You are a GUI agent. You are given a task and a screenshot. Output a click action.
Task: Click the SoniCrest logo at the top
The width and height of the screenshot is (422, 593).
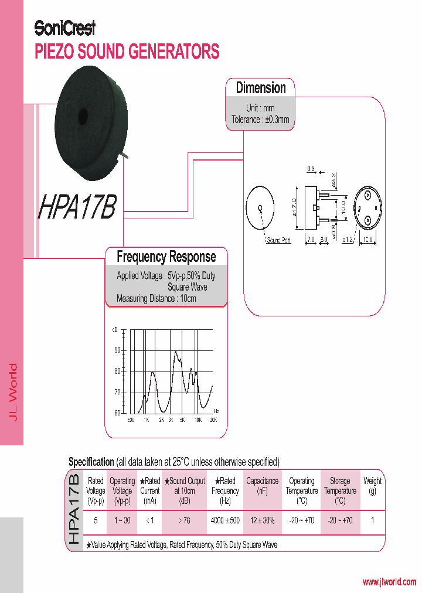(64, 28)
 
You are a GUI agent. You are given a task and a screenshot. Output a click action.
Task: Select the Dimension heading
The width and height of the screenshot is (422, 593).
(261, 88)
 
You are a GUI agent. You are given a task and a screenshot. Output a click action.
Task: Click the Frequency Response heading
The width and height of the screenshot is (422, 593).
(166, 257)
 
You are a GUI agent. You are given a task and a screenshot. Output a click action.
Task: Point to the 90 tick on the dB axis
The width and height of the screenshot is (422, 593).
(117, 350)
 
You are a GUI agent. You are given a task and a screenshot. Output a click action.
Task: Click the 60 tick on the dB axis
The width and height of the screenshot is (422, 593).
(117, 413)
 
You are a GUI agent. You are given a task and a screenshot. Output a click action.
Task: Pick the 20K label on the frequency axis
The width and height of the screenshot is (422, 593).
(213, 420)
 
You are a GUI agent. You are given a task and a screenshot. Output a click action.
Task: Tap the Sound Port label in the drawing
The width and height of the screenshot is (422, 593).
(278, 241)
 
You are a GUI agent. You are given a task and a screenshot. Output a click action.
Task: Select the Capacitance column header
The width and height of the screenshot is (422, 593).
(262, 486)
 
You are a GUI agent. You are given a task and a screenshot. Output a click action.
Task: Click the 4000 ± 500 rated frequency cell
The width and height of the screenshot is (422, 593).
(225, 520)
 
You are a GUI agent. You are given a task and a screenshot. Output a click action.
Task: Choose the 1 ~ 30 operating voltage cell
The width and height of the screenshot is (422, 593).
(122, 520)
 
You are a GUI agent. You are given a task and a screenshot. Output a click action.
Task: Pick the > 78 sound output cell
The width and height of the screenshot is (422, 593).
(185, 520)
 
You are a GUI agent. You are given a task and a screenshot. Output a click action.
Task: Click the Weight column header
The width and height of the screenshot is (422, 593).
(372, 486)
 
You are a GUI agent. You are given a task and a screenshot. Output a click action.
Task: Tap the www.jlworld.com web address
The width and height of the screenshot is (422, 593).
(389, 582)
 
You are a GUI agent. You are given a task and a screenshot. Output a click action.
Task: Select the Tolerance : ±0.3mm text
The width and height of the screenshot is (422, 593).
(260, 120)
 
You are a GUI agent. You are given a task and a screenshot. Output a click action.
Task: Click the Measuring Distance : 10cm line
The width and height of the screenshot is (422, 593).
(156, 298)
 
